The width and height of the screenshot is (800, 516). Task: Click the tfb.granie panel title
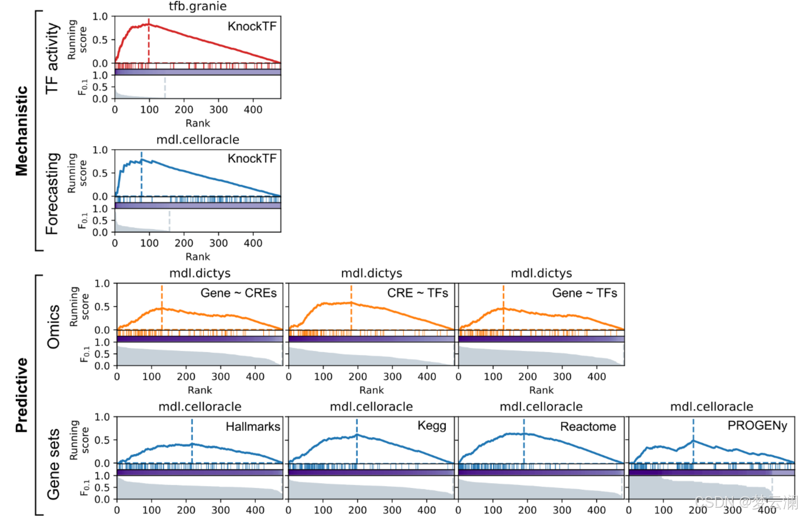point(198,6)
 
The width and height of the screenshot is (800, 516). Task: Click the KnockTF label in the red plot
point(252,26)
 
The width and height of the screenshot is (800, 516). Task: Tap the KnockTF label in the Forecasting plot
point(252,159)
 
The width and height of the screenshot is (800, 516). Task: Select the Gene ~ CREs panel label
point(238,293)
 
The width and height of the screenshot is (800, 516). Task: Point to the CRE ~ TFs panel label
point(418,293)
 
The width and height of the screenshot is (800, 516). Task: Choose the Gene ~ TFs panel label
point(584,293)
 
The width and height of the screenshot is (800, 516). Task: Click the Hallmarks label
point(253,426)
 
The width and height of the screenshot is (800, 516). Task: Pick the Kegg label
point(432,426)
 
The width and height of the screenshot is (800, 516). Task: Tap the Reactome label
point(588,426)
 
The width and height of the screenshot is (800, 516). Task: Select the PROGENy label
point(757,426)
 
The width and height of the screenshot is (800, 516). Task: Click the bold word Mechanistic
point(22,131)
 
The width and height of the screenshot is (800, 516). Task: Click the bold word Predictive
point(22,395)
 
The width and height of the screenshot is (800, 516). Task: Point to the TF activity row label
point(52,59)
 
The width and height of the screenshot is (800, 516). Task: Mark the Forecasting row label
point(52,193)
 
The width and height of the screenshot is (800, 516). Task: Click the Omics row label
point(54,326)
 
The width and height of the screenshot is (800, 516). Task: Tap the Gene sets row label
point(54,464)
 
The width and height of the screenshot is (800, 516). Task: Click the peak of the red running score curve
point(148,24)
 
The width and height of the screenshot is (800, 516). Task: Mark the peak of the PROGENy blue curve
point(693,441)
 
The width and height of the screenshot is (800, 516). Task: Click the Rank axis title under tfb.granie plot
point(198,123)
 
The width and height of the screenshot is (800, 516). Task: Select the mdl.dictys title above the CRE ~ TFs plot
point(371,273)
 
